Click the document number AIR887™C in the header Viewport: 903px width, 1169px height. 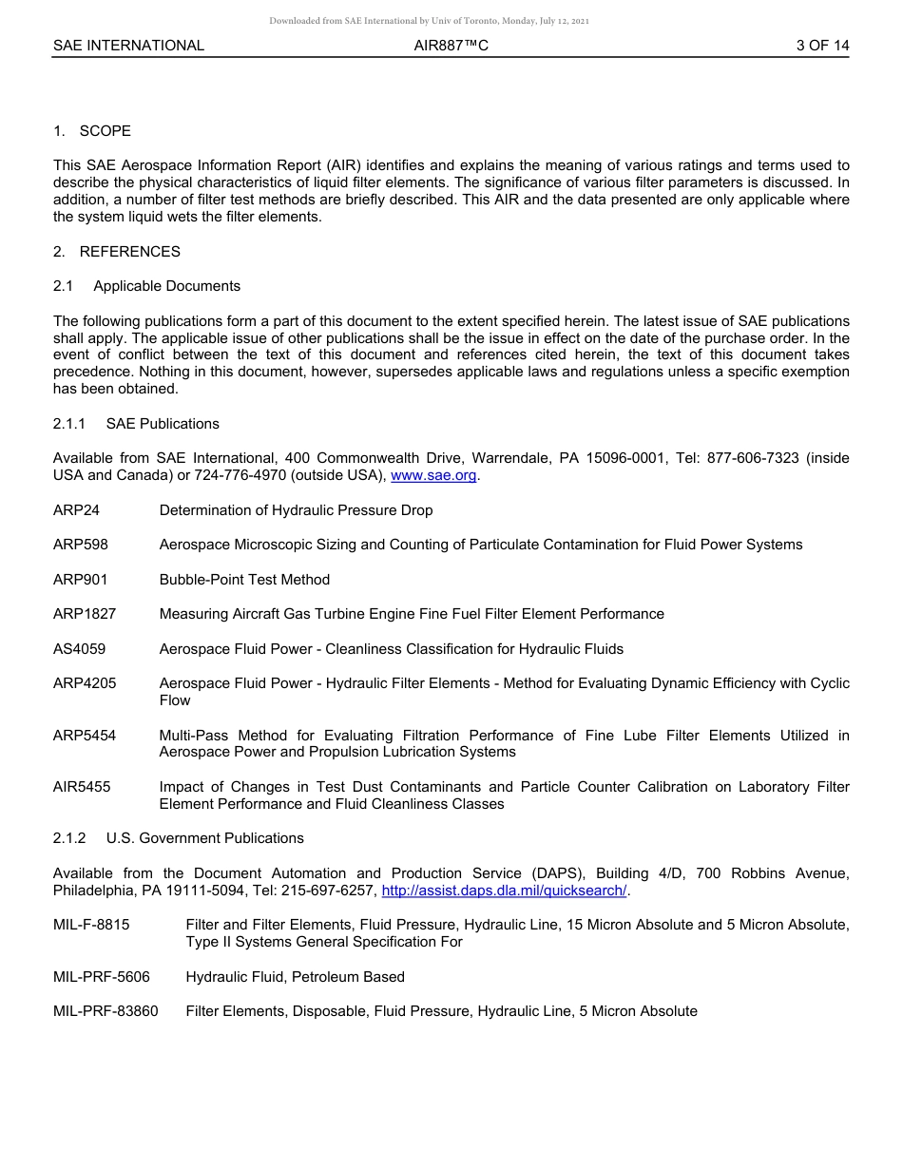click(x=451, y=46)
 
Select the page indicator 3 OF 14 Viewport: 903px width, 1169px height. click(x=822, y=46)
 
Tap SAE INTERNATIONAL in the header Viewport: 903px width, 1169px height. click(x=128, y=46)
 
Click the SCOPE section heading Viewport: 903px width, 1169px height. click(x=105, y=131)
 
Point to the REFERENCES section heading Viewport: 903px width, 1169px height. click(x=129, y=252)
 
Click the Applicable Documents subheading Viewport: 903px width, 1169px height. click(x=166, y=286)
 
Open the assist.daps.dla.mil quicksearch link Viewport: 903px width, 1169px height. click(x=504, y=891)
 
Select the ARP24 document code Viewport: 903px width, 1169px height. click(x=76, y=510)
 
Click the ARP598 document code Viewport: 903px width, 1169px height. click(x=81, y=545)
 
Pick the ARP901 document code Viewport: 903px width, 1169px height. click(x=81, y=580)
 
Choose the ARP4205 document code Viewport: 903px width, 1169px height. click(x=85, y=683)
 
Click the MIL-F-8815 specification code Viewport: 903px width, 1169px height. click(x=91, y=925)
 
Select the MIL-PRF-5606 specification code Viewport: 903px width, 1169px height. click(x=102, y=977)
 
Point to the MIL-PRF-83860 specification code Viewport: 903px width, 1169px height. click(x=106, y=1011)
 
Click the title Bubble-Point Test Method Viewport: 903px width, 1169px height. click(x=244, y=580)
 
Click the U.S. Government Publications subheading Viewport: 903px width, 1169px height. click(x=204, y=838)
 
